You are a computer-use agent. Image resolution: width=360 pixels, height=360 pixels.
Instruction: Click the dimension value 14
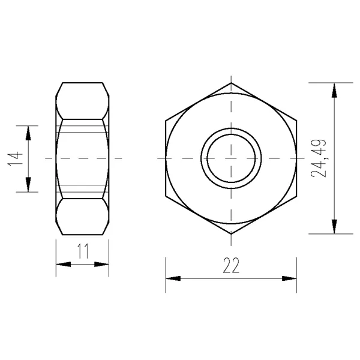tap(16, 158)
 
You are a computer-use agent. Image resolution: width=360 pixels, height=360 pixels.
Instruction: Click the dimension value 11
tap(83, 251)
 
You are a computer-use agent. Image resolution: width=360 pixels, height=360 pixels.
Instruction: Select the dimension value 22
tap(231, 265)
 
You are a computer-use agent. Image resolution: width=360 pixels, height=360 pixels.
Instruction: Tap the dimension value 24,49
tap(319, 158)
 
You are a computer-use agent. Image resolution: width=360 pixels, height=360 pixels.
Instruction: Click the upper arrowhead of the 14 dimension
tap(28, 133)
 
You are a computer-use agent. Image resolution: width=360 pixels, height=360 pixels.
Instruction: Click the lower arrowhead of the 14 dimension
tap(28, 185)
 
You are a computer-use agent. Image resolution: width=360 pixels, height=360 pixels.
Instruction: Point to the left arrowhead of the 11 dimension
tap(64, 264)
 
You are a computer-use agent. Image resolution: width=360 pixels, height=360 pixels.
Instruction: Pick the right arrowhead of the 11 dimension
tap(101, 264)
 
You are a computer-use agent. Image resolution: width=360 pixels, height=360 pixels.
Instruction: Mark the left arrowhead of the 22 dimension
tap(173, 278)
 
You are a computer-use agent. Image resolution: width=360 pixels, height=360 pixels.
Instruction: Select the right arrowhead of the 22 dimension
tap(289, 278)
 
